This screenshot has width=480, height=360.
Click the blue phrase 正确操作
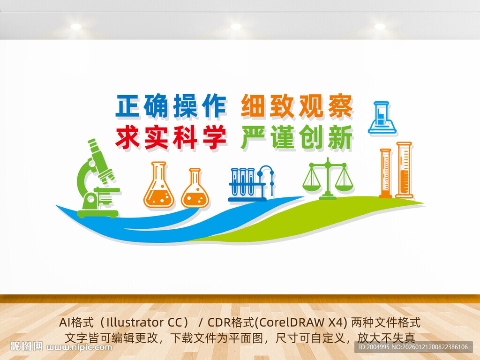pyautogui.click(x=171, y=106)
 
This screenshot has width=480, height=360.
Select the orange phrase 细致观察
pyautogui.click(x=297, y=106)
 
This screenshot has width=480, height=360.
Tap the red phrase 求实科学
pyautogui.click(x=171, y=137)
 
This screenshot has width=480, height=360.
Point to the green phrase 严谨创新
pyautogui.click(x=297, y=137)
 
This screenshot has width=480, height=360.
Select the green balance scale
pyautogui.click(x=328, y=179)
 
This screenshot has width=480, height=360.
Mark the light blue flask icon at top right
pyautogui.click(x=382, y=118)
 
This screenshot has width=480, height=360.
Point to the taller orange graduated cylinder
pyautogui.click(x=404, y=170)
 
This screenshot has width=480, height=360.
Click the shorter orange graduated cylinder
pyautogui.click(x=385, y=173)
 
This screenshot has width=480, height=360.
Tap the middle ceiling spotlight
pyautogui.click(x=236, y=26)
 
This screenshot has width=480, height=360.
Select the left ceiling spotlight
pyautogui.click(x=76, y=26)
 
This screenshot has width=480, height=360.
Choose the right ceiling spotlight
pyautogui.click(x=380, y=26)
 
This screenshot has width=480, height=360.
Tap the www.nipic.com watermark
pyautogui.click(x=80, y=347)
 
